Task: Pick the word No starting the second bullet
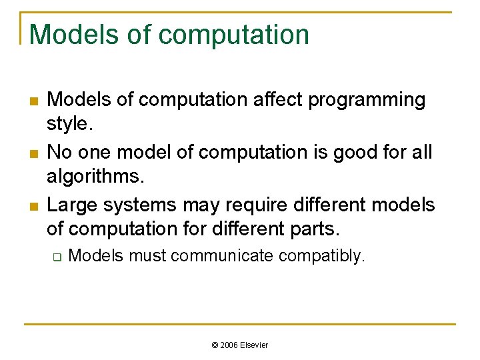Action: click(59, 152)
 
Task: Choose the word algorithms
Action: click(96, 177)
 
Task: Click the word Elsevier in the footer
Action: click(255, 345)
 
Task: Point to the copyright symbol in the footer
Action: click(215, 345)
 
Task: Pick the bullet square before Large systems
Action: click(33, 205)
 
